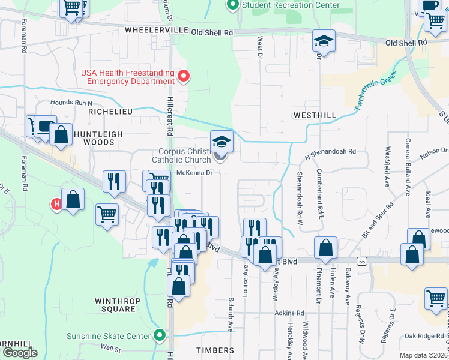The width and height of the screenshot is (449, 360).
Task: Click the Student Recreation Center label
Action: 291,5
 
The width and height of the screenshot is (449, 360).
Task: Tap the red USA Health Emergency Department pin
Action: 184,76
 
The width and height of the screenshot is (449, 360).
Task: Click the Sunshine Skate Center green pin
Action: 159,335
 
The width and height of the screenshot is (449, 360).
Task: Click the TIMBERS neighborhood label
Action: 214,350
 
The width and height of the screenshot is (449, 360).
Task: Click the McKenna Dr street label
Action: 195,173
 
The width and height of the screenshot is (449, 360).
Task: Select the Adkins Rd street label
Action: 289,313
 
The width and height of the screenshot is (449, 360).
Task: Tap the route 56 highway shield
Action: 361,261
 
